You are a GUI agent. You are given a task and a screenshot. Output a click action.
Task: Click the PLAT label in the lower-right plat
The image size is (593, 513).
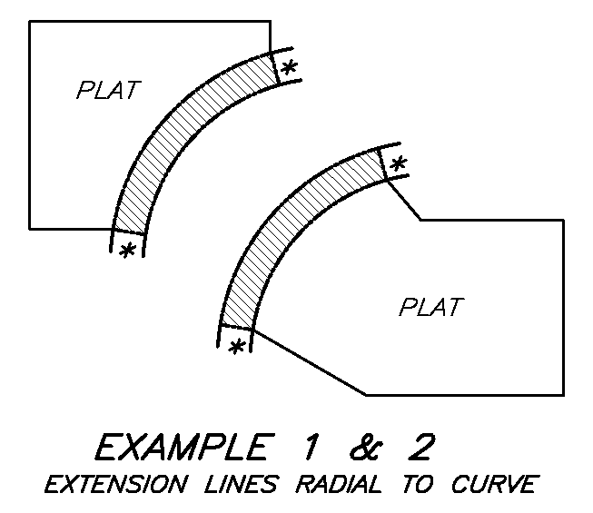coord(430,307)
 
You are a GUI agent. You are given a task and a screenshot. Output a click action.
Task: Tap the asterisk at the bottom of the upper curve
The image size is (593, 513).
coord(128,251)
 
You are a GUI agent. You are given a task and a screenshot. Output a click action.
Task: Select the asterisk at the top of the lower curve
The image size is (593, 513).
coord(397,164)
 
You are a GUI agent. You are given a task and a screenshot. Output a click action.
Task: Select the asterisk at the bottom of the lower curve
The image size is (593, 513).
coord(237,347)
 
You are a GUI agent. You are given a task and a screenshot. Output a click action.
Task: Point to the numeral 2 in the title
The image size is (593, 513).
coord(420,448)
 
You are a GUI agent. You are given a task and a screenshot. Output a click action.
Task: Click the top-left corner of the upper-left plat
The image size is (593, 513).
coord(30,21)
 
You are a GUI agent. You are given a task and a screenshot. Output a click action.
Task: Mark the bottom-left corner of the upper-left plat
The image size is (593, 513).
coord(30,227)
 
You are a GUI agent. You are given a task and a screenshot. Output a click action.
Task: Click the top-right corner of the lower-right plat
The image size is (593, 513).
coord(563,220)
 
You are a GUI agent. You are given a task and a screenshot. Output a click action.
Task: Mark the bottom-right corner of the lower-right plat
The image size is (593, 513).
coord(563,394)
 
